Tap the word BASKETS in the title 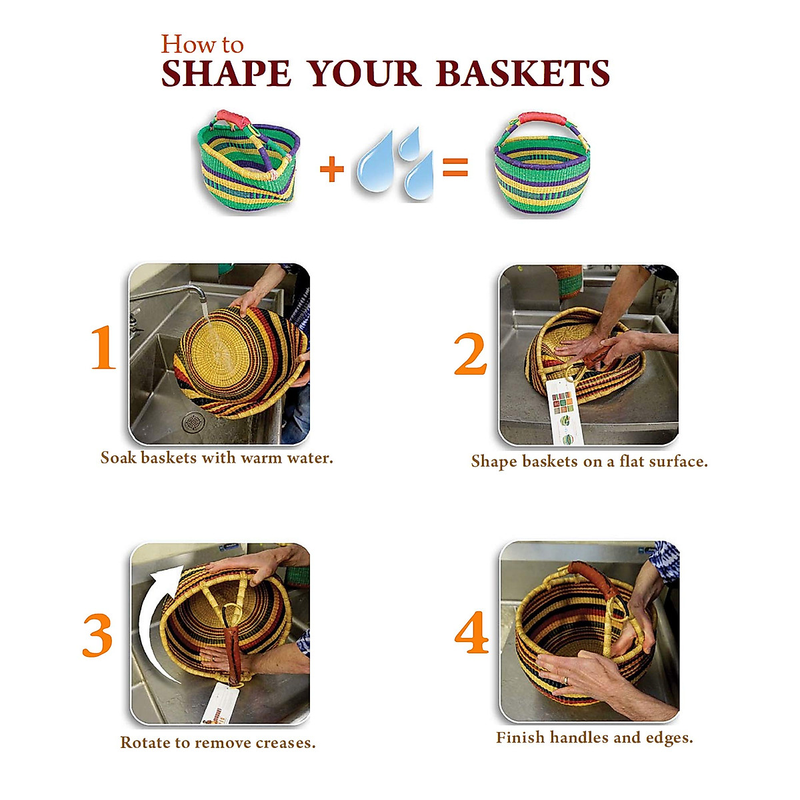coord(523,74)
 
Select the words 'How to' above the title coord(202,45)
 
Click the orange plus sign coord(332,169)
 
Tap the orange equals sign coord(455,167)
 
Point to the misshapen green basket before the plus coord(248,163)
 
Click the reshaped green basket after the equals coord(541,165)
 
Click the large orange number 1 coord(103,347)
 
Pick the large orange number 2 coord(471,354)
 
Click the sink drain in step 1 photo coord(193,422)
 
